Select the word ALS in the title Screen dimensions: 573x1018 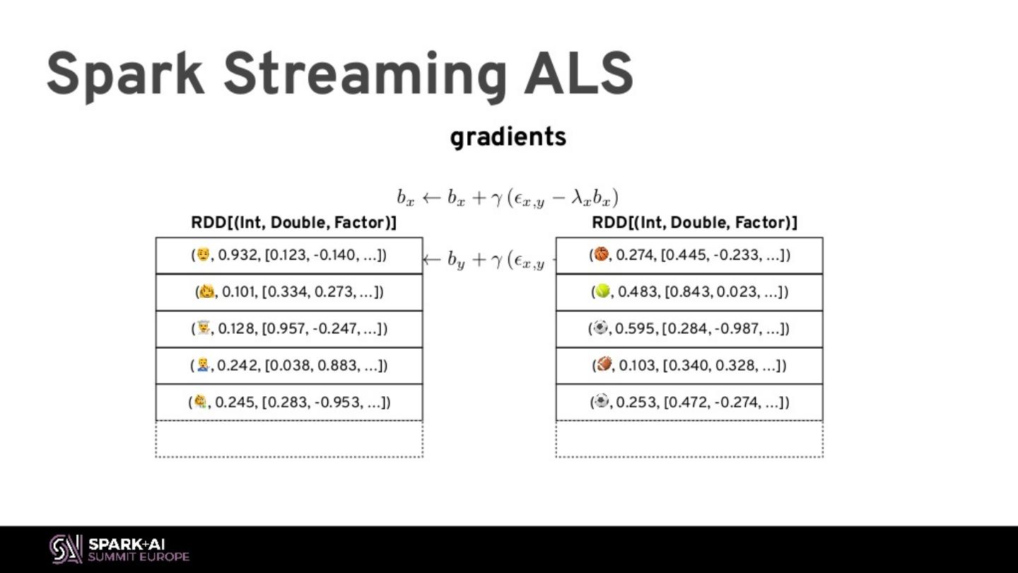click(578, 74)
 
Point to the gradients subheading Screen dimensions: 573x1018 click(508, 137)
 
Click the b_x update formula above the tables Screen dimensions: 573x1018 click(508, 198)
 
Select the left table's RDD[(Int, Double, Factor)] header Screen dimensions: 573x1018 click(293, 223)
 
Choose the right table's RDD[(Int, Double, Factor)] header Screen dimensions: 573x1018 click(694, 223)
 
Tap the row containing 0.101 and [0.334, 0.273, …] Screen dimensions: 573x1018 click(289, 291)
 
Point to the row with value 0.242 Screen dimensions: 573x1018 click(289, 365)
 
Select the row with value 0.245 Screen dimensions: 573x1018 click(289, 402)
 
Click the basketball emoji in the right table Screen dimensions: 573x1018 click(602, 254)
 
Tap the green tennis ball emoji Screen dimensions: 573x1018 click(602, 291)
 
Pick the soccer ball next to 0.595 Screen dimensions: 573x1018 click(600, 328)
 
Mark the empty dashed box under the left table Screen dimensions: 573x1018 click(289, 439)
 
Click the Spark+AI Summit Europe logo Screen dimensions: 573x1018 click(119, 549)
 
